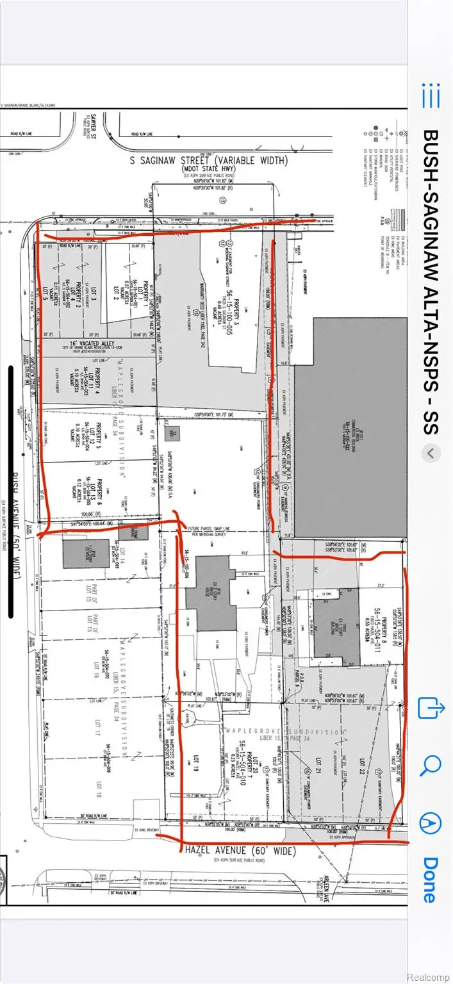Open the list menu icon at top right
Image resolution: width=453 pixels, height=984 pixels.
click(431, 96)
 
